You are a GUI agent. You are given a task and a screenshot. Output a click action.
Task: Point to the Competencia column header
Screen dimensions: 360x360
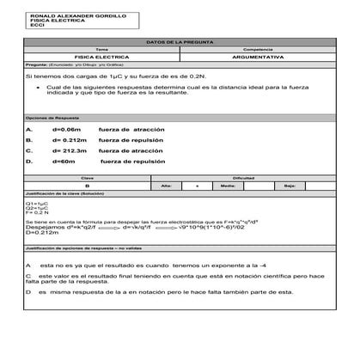(258, 49)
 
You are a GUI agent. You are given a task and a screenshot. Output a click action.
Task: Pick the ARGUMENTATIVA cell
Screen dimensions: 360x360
(258, 56)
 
